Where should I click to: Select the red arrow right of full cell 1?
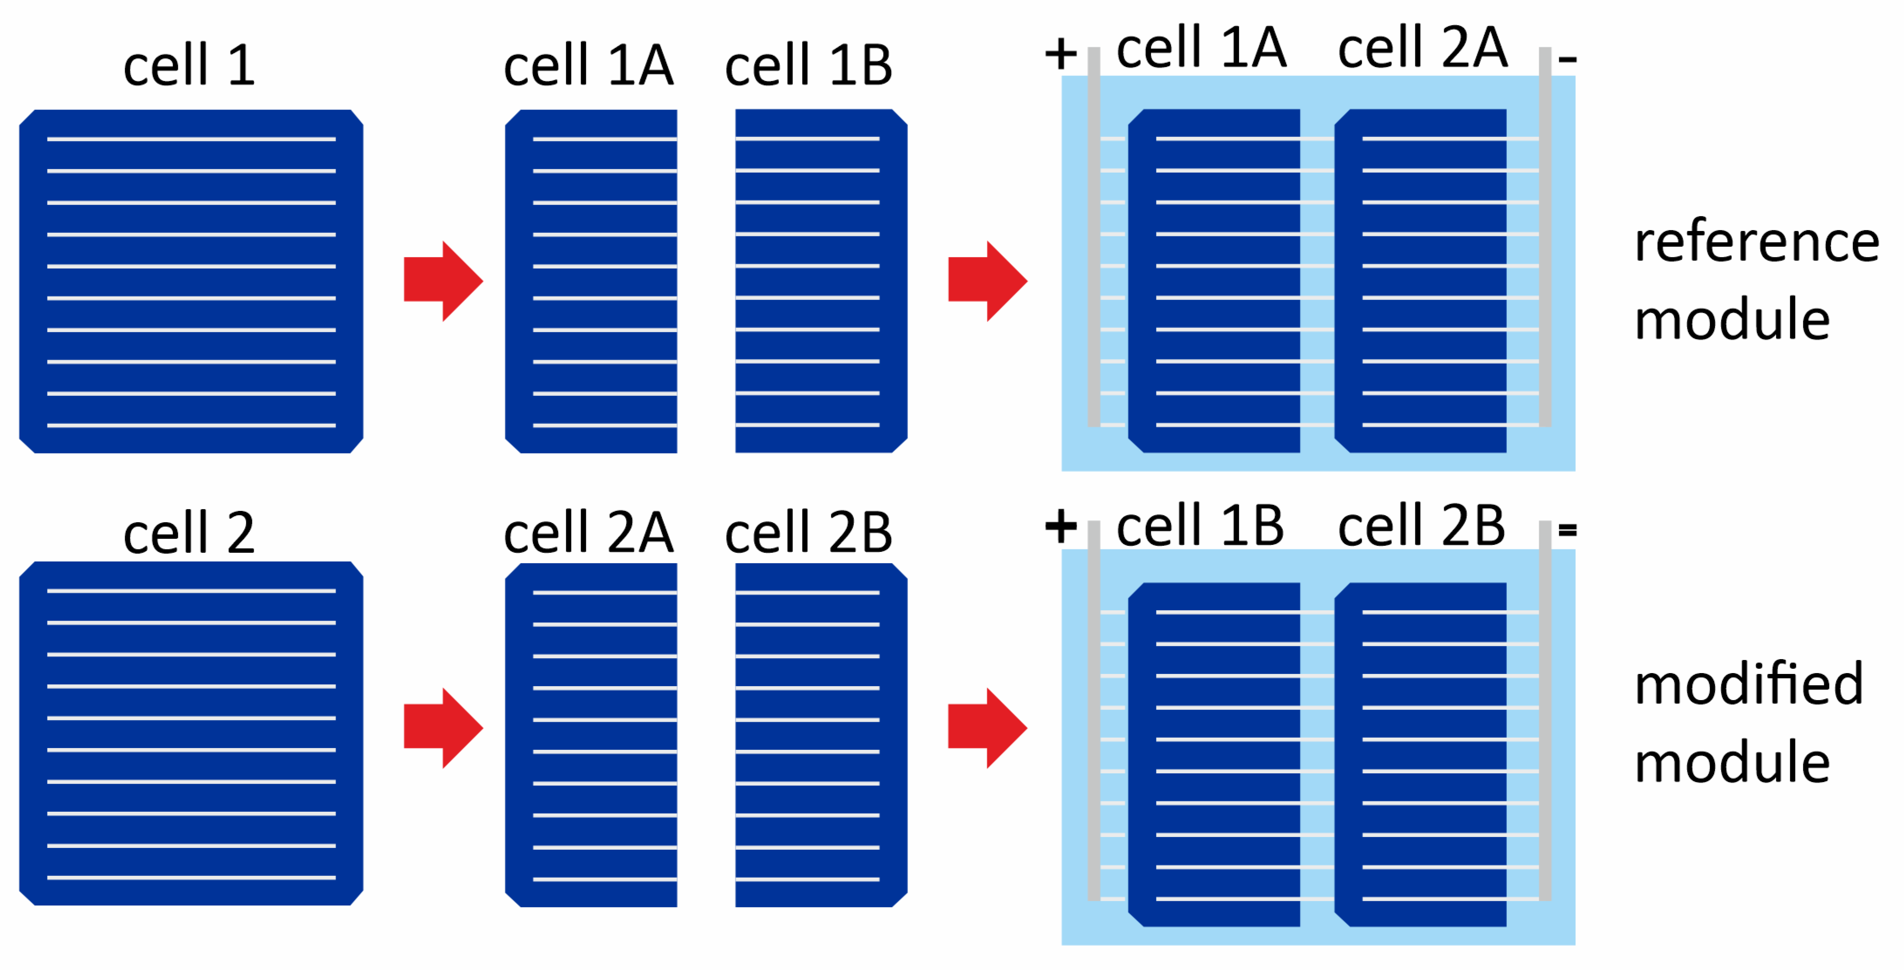[x=442, y=280]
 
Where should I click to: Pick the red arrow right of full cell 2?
[x=442, y=728]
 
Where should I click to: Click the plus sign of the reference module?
[x=1061, y=54]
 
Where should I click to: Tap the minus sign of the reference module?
[x=1567, y=58]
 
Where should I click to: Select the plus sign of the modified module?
[x=1061, y=526]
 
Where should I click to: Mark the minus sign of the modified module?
[x=1567, y=529]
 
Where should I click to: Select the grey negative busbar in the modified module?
[x=1545, y=710]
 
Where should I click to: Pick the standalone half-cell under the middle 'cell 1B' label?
[x=820, y=280]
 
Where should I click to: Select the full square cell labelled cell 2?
[x=190, y=733]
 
